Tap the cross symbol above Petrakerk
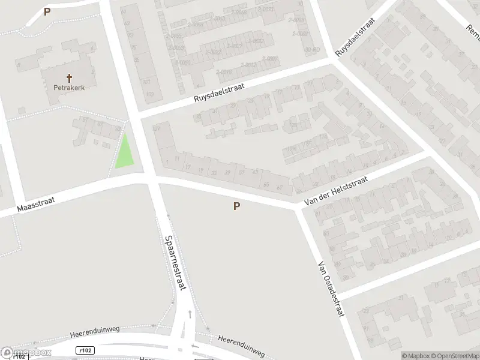click(x=69, y=77)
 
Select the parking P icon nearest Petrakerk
click(x=47, y=11)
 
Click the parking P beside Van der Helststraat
click(x=237, y=206)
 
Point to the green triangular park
click(x=125, y=152)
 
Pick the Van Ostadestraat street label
click(x=331, y=289)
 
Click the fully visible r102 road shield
click(x=85, y=350)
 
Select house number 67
click(x=280, y=187)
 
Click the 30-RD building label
click(x=311, y=49)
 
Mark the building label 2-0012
click(x=248, y=65)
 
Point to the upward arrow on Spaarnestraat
click(x=190, y=314)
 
